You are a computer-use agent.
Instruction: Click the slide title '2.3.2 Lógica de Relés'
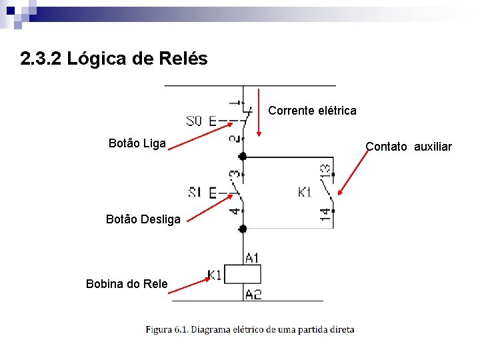tap(114, 59)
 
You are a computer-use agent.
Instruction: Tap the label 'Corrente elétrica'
tap(312, 111)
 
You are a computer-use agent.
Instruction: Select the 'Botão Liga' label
tap(137, 143)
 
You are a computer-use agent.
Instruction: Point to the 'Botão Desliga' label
tap(143, 219)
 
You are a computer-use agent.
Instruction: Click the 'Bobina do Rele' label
tap(127, 284)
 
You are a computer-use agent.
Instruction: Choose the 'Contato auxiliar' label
tap(409, 147)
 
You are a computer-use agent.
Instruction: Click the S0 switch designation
tap(193, 121)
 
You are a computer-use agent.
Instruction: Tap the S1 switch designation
tap(195, 193)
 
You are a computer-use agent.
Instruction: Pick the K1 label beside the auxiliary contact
tap(305, 193)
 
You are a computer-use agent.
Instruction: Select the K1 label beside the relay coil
tap(215, 275)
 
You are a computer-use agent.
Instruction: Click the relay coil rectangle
tap(243, 275)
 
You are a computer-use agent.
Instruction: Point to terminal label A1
tap(253, 257)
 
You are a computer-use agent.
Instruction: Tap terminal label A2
tap(253, 294)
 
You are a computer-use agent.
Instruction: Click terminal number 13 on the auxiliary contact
tap(325, 172)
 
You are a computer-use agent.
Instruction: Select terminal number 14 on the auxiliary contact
tap(325, 213)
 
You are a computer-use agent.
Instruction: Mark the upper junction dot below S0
tap(243, 156)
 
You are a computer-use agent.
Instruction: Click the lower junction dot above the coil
tap(243, 228)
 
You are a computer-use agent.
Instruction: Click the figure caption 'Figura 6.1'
tap(250, 329)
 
